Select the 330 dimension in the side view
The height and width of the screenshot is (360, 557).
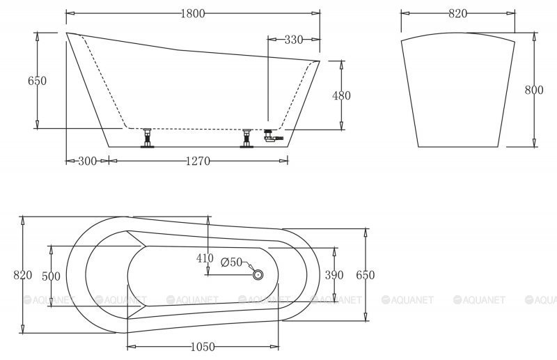[x=294, y=40]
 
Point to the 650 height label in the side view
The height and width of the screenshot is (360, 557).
[x=37, y=81]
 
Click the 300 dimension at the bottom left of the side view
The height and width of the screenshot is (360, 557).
[x=87, y=162]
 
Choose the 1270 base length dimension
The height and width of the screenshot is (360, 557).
[x=198, y=162]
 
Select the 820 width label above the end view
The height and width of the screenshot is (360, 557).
[x=457, y=13]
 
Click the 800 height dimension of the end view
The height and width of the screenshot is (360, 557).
[x=534, y=90]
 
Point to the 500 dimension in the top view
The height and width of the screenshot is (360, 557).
[x=51, y=276]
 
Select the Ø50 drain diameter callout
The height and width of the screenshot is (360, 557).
[x=231, y=263]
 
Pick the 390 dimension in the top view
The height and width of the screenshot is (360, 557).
[x=335, y=275]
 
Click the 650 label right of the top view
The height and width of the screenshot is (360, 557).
[x=366, y=275]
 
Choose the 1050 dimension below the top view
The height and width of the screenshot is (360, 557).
[x=202, y=346]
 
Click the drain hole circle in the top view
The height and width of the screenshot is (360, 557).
[x=258, y=275]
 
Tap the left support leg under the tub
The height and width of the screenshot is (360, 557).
[x=147, y=138]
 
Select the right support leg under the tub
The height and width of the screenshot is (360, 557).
[x=246, y=138]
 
